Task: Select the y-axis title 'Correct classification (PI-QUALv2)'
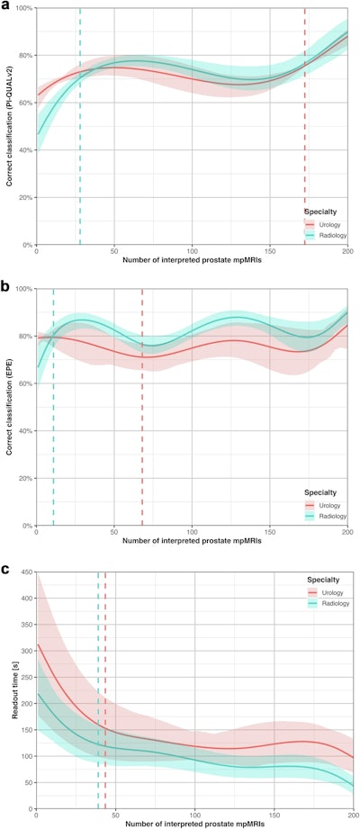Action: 8,126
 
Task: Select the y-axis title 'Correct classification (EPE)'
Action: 8,407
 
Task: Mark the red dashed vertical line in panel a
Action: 305,126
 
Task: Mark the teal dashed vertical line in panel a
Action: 80,126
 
